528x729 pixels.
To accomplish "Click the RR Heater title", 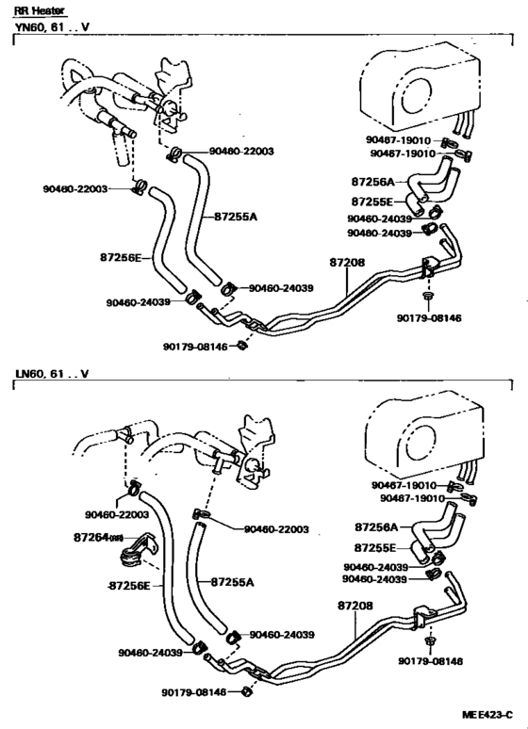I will (x=36, y=9).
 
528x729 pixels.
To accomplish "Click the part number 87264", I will (x=91, y=538).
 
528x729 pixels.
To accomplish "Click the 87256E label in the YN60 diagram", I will (x=121, y=256).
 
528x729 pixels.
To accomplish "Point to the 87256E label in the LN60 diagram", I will (x=128, y=585).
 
